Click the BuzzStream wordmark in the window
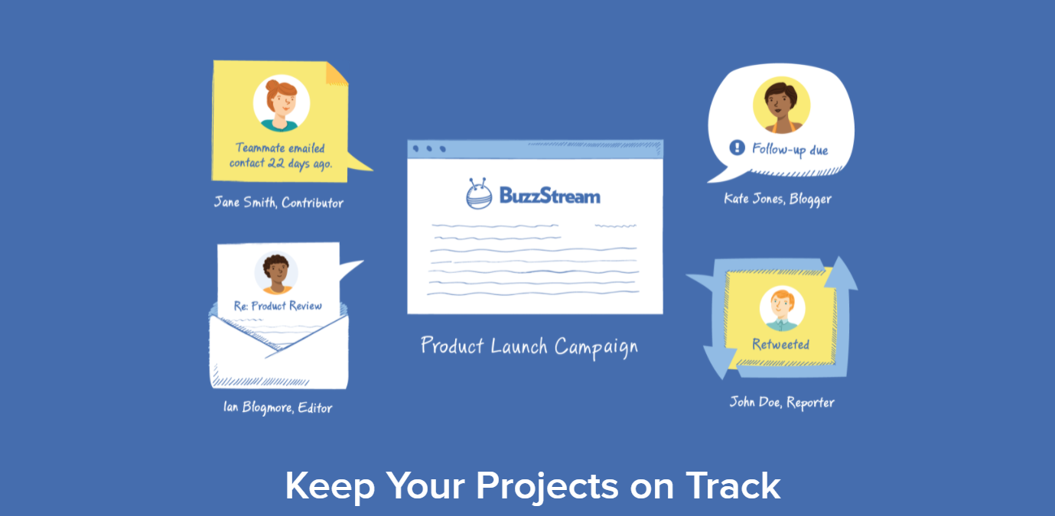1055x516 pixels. click(x=549, y=196)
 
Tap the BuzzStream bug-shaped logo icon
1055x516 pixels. click(x=479, y=193)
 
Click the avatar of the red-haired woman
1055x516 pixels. click(x=282, y=103)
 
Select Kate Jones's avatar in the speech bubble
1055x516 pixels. click(x=781, y=105)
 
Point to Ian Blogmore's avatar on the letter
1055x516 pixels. click(x=276, y=273)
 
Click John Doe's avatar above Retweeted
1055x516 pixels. click(x=783, y=308)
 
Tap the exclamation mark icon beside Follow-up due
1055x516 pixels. click(x=737, y=148)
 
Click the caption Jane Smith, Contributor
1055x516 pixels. click(x=278, y=203)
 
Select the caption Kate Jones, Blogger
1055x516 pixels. click(x=777, y=200)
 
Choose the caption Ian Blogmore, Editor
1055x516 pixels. click(x=278, y=407)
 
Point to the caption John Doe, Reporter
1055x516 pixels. click(x=782, y=403)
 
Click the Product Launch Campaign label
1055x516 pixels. click(x=529, y=347)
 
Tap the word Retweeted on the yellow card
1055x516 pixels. click(x=780, y=345)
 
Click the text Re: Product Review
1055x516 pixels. click(x=278, y=306)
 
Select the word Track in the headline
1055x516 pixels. click(x=734, y=486)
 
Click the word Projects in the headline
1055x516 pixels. click(x=547, y=487)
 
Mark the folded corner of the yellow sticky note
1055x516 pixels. click(x=337, y=73)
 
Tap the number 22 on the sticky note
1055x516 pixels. click(x=276, y=163)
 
